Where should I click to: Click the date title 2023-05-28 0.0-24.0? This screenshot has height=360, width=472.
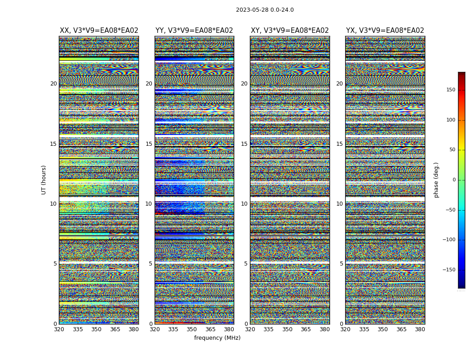(x=265, y=10)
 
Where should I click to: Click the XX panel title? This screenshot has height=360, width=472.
(x=99, y=31)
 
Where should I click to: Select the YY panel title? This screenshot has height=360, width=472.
(x=194, y=31)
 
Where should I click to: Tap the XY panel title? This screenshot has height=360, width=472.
(x=290, y=31)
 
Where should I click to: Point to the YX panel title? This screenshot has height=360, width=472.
(x=385, y=31)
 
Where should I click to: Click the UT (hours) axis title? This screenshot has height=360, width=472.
(x=44, y=180)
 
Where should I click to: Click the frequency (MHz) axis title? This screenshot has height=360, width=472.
(x=217, y=338)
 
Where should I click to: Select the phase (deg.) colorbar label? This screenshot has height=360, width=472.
(x=436, y=180)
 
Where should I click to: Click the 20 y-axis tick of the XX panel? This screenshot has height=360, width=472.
(x=53, y=84)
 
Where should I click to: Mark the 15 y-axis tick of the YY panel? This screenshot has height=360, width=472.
(x=149, y=144)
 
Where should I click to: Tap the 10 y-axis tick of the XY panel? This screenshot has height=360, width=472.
(x=244, y=204)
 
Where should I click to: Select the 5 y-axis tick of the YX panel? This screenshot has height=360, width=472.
(x=341, y=264)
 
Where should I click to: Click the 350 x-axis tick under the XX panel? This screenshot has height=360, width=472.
(x=96, y=329)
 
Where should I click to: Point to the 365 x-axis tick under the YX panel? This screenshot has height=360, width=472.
(x=401, y=329)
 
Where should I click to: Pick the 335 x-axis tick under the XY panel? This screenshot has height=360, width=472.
(x=268, y=329)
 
